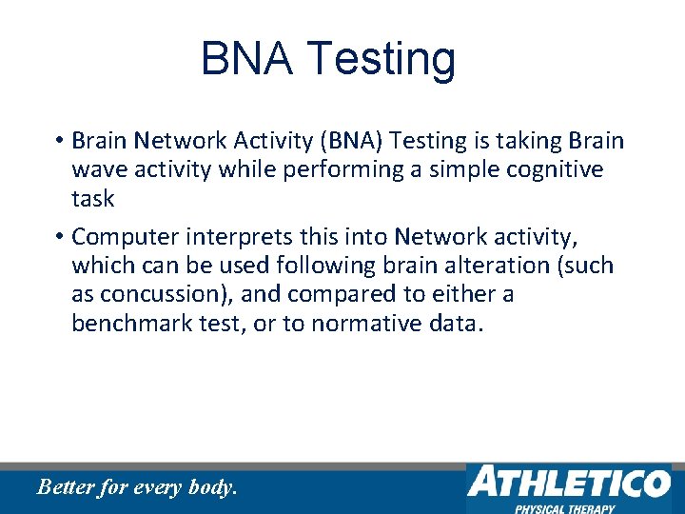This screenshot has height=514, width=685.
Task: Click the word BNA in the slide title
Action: (x=246, y=59)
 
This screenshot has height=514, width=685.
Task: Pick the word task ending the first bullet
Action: (x=92, y=199)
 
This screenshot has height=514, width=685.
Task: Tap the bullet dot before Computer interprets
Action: (x=58, y=236)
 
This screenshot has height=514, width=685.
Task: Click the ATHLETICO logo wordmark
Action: (x=567, y=483)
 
